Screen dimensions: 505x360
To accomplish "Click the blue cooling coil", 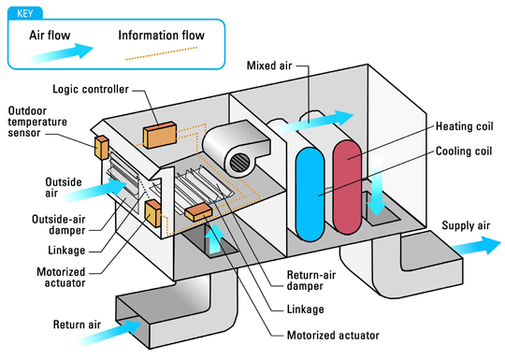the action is coord(310,194).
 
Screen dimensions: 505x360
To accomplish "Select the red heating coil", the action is coord(347,187).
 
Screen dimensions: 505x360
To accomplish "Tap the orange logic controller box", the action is coord(160,135).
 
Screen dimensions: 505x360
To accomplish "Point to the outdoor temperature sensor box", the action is coord(101,148).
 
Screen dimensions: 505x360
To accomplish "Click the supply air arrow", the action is coord(476,246).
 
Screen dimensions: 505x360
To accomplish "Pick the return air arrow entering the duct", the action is coord(109,333).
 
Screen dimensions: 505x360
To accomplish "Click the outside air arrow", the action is coord(95,190).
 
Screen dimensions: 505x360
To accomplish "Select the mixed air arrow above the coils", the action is coord(315,122).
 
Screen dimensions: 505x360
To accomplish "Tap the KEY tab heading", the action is coord(25,13).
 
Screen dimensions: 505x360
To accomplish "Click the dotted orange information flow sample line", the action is coord(162,53).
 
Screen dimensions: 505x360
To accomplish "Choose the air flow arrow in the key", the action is coord(61,52).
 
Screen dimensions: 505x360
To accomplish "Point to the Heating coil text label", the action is coord(464,126).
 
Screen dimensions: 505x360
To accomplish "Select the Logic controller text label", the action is coord(91,89).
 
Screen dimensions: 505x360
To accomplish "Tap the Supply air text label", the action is coord(466,225).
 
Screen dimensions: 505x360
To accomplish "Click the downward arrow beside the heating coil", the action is coord(377,186).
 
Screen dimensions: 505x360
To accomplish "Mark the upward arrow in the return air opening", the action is coord(214,238).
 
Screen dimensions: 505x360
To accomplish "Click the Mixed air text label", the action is coord(269,65).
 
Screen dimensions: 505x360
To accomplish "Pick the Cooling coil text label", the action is coord(464,151).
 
